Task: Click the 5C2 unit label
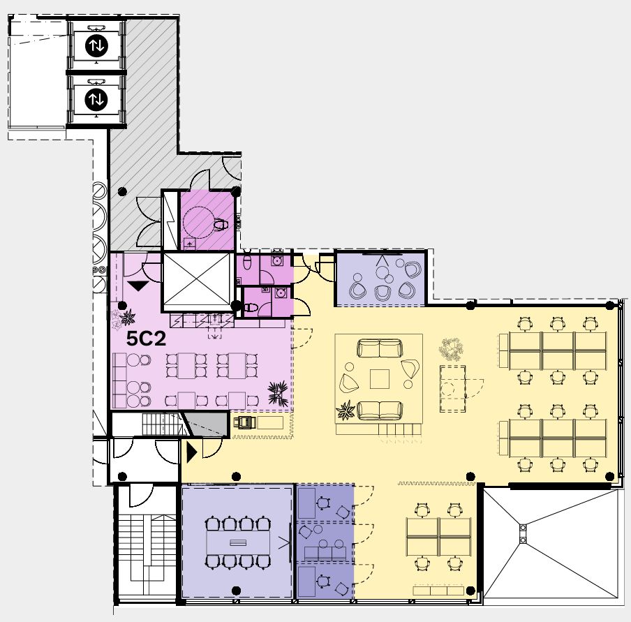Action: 146,339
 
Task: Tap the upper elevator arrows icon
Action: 96,46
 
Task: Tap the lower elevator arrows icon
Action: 96,99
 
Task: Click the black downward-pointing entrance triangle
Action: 138,286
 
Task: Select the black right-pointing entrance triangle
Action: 191,452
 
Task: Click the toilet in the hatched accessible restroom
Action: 219,224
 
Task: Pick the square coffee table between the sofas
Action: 380,379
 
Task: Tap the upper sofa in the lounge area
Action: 380,348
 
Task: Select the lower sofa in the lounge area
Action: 380,410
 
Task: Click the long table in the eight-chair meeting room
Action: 238,542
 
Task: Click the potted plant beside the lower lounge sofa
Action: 346,410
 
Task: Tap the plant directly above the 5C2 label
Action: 128,318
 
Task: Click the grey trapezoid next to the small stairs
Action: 205,424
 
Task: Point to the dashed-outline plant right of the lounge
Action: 451,349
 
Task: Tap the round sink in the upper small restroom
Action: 276,261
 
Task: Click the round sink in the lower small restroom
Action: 280,293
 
